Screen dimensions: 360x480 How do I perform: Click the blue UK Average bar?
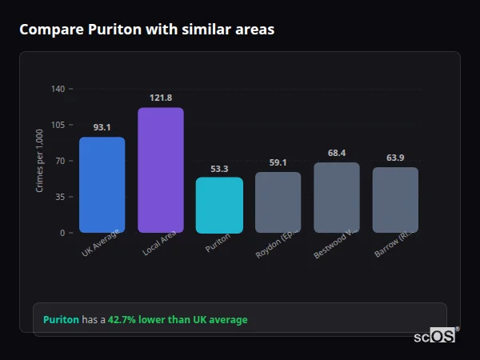click(102, 185)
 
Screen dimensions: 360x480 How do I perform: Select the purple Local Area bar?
click(161, 170)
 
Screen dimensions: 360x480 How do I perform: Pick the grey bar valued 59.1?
click(278, 202)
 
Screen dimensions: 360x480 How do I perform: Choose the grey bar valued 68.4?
click(337, 198)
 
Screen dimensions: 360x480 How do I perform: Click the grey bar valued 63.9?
click(395, 200)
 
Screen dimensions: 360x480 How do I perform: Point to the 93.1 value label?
click(102, 127)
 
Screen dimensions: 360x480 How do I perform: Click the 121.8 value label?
click(161, 98)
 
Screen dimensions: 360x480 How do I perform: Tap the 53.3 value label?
click(219, 169)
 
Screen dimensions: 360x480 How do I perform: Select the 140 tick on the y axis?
click(58, 89)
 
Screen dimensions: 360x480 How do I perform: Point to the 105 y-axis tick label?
click(58, 125)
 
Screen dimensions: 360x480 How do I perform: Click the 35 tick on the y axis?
click(59, 197)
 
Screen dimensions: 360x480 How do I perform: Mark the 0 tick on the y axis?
click(62, 233)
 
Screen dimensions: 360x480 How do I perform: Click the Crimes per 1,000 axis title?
click(40, 161)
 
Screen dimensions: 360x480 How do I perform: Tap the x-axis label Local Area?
click(159, 245)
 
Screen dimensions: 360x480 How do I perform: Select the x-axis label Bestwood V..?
click(334, 245)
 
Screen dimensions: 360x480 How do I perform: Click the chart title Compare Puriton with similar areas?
click(146, 30)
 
